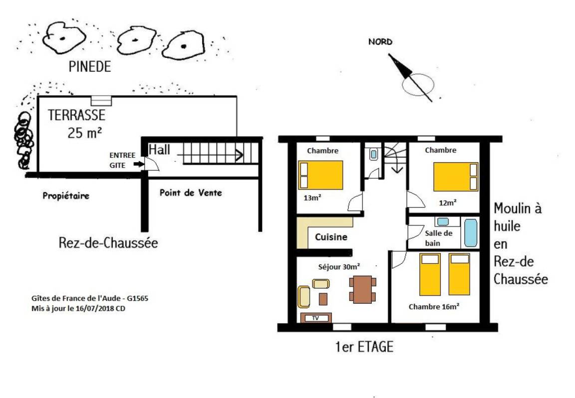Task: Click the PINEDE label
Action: [x=90, y=67]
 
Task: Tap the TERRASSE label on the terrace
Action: [x=76, y=115]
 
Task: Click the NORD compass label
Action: [x=380, y=42]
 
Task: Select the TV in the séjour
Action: [x=316, y=318]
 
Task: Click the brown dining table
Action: [x=362, y=289]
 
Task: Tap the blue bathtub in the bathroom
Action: [x=471, y=233]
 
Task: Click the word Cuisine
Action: [x=331, y=237]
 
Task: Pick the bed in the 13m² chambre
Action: [x=320, y=175]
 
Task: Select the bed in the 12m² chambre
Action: [x=456, y=177]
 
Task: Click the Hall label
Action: [x=159, y=150]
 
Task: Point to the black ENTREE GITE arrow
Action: [x=139, y=164]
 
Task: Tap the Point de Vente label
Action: [x=191, y=193]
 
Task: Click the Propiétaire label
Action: [x=66, y=196]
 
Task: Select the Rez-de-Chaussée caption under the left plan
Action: [x=108, y=242]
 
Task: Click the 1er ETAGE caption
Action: [x=364, y=347]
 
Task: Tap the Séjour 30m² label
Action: [x=339, y=267]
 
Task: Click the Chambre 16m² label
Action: [x=434, y=307]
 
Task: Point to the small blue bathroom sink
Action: [x=443, y=221]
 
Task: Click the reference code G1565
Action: [x=138, y=298]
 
